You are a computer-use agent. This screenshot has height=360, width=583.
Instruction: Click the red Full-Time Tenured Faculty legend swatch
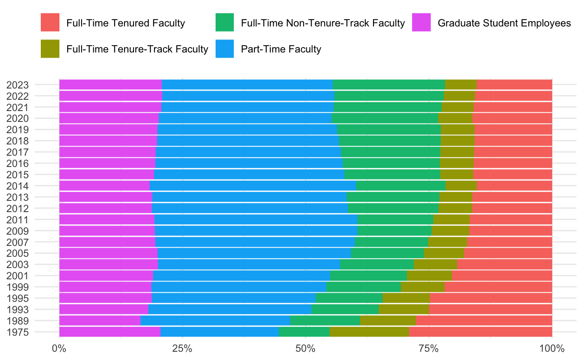[50, 23]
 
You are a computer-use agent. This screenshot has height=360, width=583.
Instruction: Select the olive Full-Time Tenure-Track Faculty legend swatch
[50, 49]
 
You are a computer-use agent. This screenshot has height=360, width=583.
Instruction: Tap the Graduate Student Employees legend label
[504, 23]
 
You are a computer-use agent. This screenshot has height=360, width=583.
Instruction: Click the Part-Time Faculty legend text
[281, 49]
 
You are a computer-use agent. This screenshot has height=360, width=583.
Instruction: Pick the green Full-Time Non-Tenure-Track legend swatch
[225, 23]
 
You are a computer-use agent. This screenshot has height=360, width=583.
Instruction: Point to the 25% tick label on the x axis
[182, 348]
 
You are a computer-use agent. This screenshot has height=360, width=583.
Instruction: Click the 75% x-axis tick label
[429, 348]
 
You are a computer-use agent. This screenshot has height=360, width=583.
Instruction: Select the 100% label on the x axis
[552, 348]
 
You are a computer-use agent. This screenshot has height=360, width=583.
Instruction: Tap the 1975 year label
[17, 332]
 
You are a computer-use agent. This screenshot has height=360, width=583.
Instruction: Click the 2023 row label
[17, 85]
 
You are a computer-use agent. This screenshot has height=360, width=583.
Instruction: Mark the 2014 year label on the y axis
[17, 186]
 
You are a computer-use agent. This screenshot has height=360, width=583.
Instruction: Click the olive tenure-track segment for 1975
[369, 332]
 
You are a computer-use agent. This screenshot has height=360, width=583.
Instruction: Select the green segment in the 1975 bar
[304, 332]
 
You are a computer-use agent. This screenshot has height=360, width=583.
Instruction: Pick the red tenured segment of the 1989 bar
[484, 321]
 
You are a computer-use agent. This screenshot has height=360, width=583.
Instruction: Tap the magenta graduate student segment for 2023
[111, 85]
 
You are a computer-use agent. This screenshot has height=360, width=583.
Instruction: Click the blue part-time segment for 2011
[256, 219]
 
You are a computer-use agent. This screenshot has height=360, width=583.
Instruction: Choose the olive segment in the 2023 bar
[461, 85]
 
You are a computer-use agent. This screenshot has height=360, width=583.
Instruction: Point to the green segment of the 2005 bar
[387, 253]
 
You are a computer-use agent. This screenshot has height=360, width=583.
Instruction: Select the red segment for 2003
[504, 264]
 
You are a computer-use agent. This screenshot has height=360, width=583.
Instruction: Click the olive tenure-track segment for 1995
[406, 298]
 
